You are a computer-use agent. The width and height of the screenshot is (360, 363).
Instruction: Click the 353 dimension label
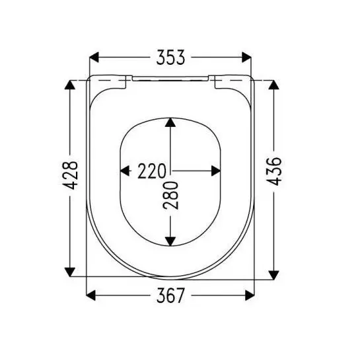(170, 57)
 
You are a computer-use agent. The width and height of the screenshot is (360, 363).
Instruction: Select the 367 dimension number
(170, 296)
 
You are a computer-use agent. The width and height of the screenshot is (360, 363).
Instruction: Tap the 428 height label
(71, 175)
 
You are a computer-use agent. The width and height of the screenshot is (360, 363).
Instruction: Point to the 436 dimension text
(274, 171)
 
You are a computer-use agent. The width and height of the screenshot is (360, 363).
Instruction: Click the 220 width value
(152, 171)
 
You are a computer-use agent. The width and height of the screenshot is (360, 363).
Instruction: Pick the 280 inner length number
(170, 196)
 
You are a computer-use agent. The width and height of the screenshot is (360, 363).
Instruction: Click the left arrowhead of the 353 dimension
(94, 57)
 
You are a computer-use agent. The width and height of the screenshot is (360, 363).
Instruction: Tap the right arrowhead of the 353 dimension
(246, 57)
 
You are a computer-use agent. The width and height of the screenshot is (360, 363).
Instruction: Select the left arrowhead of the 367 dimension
(91, 296)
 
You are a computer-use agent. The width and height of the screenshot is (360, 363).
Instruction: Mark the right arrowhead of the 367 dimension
(250, 296)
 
